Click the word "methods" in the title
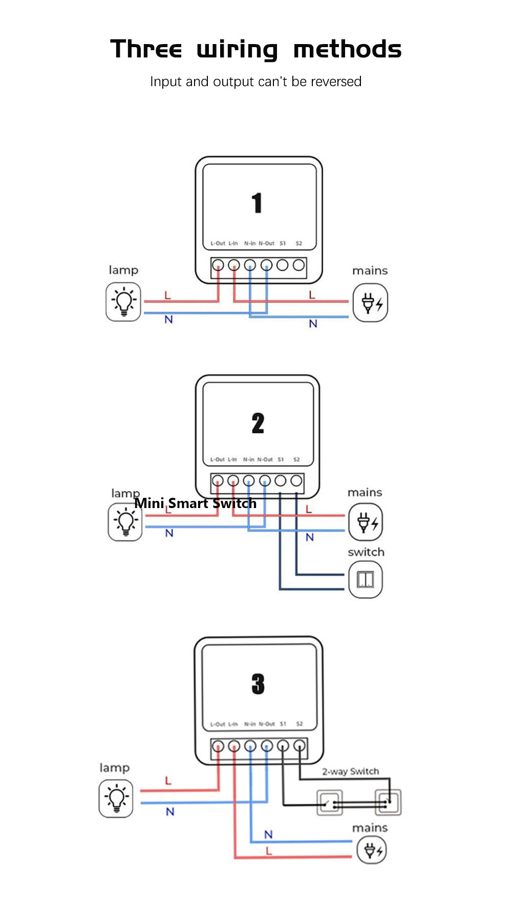pos(347,50)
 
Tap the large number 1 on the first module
pos(257,203)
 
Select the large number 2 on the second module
pos(258,424)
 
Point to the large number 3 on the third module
pos(258,684)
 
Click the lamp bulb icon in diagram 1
pos(123,302)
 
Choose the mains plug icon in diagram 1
pos(371,303)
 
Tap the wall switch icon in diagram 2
pos(366,579)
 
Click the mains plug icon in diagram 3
pos(372,851)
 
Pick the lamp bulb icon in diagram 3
pos(116,798)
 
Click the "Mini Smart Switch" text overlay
pos(195,503)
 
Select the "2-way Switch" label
pos(351,771)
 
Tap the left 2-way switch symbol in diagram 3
pos(329,803)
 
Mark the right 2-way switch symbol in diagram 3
pos(388,802)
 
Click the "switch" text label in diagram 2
pos(366,552)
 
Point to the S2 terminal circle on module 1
pos(299,265)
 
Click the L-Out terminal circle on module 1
pos(218,265)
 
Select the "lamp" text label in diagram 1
pos(123,270)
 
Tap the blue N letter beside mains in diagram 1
pos(313,324)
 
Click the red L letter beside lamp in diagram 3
pos(168,781)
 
